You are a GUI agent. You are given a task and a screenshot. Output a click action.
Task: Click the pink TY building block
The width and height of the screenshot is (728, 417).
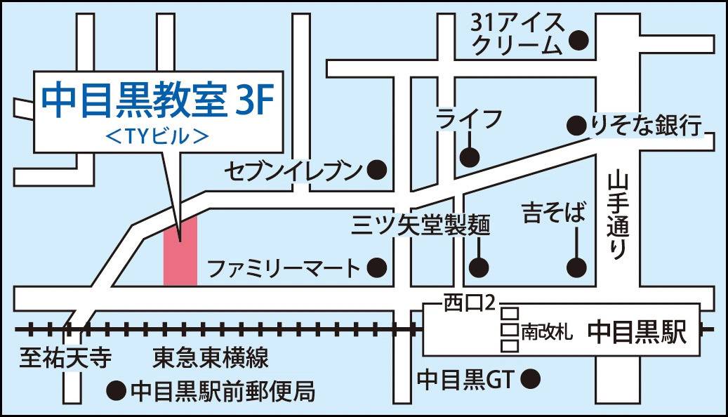point(180,251)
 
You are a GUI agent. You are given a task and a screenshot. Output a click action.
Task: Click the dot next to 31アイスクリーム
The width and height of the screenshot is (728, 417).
point(579,41)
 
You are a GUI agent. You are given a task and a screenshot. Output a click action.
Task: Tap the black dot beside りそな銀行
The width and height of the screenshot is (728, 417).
point(576,126)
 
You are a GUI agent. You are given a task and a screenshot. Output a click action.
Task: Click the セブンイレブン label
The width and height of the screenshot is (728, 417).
point(293,170)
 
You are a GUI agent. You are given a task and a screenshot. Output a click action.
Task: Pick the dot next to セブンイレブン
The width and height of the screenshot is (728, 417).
point(378,169)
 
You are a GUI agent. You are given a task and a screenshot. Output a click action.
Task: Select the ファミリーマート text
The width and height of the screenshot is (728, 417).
point(284,267)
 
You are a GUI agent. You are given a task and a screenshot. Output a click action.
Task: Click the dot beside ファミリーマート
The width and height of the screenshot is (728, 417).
point(378,267)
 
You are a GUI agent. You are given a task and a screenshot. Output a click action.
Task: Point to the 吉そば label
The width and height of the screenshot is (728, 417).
point(553,213)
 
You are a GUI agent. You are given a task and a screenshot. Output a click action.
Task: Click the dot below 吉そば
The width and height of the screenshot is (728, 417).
point(576,267)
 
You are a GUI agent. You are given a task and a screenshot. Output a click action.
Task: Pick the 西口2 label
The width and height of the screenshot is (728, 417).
point(470,303)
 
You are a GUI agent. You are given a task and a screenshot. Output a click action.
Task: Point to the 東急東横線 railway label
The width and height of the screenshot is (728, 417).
point(211,359)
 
